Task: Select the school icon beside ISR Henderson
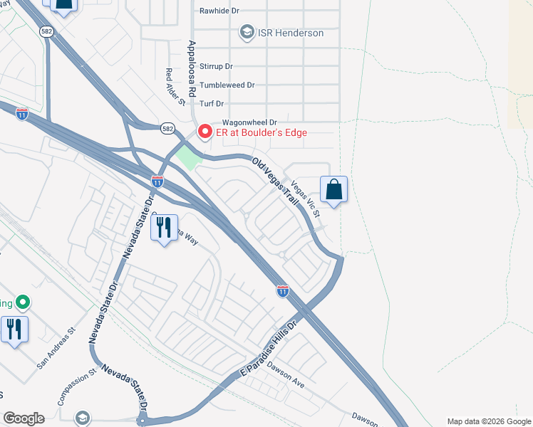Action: [x=247, y=32]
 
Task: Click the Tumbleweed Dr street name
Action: [x=227, y=85]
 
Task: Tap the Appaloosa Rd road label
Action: [x=192, y=68]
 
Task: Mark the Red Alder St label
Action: [x=175, y=87]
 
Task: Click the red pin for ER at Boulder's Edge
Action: [x=205, y=132]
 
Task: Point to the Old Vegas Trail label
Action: [x=276, y=182]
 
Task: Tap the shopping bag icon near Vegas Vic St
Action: [x=333, y=189]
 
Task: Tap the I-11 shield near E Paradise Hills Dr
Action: [x=283, y=290]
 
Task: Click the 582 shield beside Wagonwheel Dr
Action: [x=166, y=127]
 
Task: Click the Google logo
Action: [x=24, y=418]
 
